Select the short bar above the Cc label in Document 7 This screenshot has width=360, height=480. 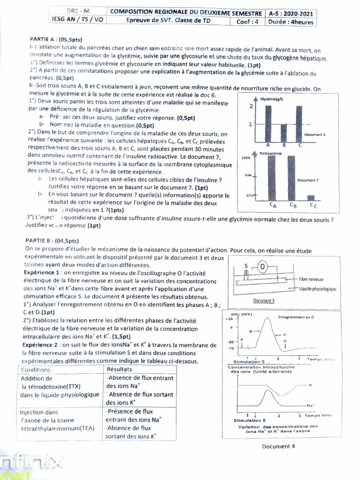pyautogui.click(x=310, y=197)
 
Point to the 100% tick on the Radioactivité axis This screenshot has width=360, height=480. pyautogui.click(x=246, y=158)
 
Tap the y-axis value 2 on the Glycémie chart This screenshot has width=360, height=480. pyautogui.click(x=251, y=106)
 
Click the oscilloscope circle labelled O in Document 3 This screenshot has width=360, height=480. pyautogui.click(x=262, y=267)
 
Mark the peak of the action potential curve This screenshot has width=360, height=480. pyautogui.click(x=266, y=318)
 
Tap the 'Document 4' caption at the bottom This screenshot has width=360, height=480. pyautogui.click(x=278, y=446)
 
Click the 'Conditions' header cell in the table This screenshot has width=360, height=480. pyautogui.click(x=36, y=369)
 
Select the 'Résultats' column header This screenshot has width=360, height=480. pyautogui.click(x=120, y=369)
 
